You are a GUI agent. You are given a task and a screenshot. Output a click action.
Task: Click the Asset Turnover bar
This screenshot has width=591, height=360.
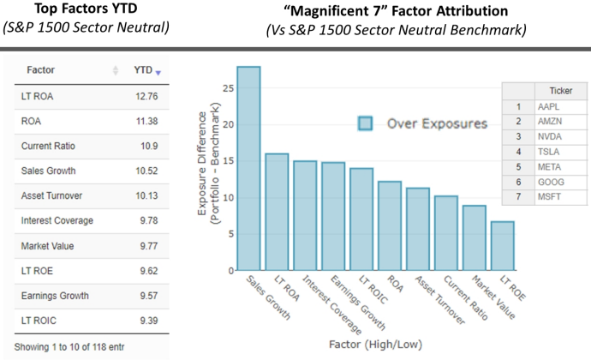(418, 229)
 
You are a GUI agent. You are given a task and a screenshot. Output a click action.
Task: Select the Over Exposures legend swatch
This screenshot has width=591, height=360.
(366, 123)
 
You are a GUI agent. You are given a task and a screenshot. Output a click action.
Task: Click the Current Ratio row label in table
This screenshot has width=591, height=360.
(45, 146)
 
